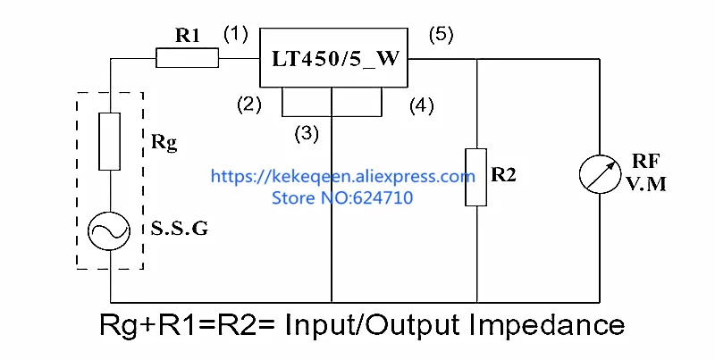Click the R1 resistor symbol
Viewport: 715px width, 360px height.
coord(188,59)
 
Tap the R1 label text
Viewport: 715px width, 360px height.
coord(188,37)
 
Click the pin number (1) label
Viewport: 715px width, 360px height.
coord(235,35)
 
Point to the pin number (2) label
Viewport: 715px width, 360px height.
coord(248,105)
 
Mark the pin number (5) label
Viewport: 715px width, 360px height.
coord(442,35)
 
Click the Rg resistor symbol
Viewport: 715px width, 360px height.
coord(110,141)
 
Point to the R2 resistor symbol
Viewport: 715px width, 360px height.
coord(476,177)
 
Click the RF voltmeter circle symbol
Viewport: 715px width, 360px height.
coord(597,176)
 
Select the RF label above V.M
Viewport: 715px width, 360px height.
coord(646,162)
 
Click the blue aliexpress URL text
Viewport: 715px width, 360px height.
coord(343,177)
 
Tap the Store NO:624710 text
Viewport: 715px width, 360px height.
coord(342,197)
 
